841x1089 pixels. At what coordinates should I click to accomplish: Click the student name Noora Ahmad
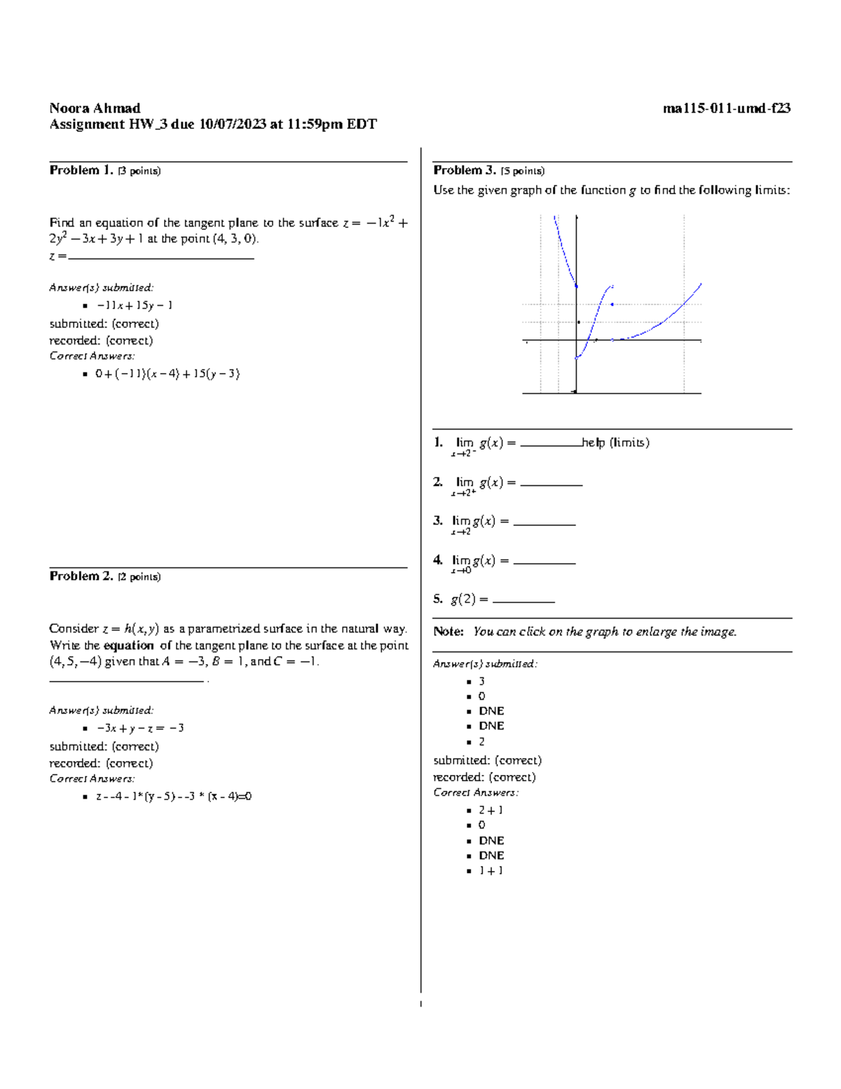pos(95,108)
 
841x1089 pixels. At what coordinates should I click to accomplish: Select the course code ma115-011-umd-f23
pos(726,108)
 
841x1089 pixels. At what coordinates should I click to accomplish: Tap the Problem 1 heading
pos(81,170)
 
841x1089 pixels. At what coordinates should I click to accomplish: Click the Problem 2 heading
pos(81,576)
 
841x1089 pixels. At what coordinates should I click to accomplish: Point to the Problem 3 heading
pos(465,170)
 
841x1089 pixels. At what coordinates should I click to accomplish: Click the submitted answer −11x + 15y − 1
pos(134,305)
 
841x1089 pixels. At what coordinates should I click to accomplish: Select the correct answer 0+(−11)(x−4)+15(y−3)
pos(167,374)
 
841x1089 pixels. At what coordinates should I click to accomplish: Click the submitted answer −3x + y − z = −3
pos(139,728)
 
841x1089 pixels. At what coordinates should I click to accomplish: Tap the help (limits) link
pos(615,442)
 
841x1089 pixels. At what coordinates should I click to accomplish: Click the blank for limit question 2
pos(551,483)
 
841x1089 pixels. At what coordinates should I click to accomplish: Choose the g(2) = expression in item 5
pos(469,600)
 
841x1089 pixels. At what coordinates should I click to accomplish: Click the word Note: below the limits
pos(449,632)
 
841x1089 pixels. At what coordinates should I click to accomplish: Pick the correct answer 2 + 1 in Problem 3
pos(491,810)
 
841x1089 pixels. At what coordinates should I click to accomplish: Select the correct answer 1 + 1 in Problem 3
pos(491,870)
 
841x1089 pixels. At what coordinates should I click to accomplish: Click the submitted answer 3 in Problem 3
pos(481,681)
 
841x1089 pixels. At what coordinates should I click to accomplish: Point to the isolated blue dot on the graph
pos(613,304)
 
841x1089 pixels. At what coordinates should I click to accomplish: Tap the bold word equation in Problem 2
pos(128,645)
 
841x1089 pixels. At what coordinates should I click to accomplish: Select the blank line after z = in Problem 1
pos(161,257)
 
